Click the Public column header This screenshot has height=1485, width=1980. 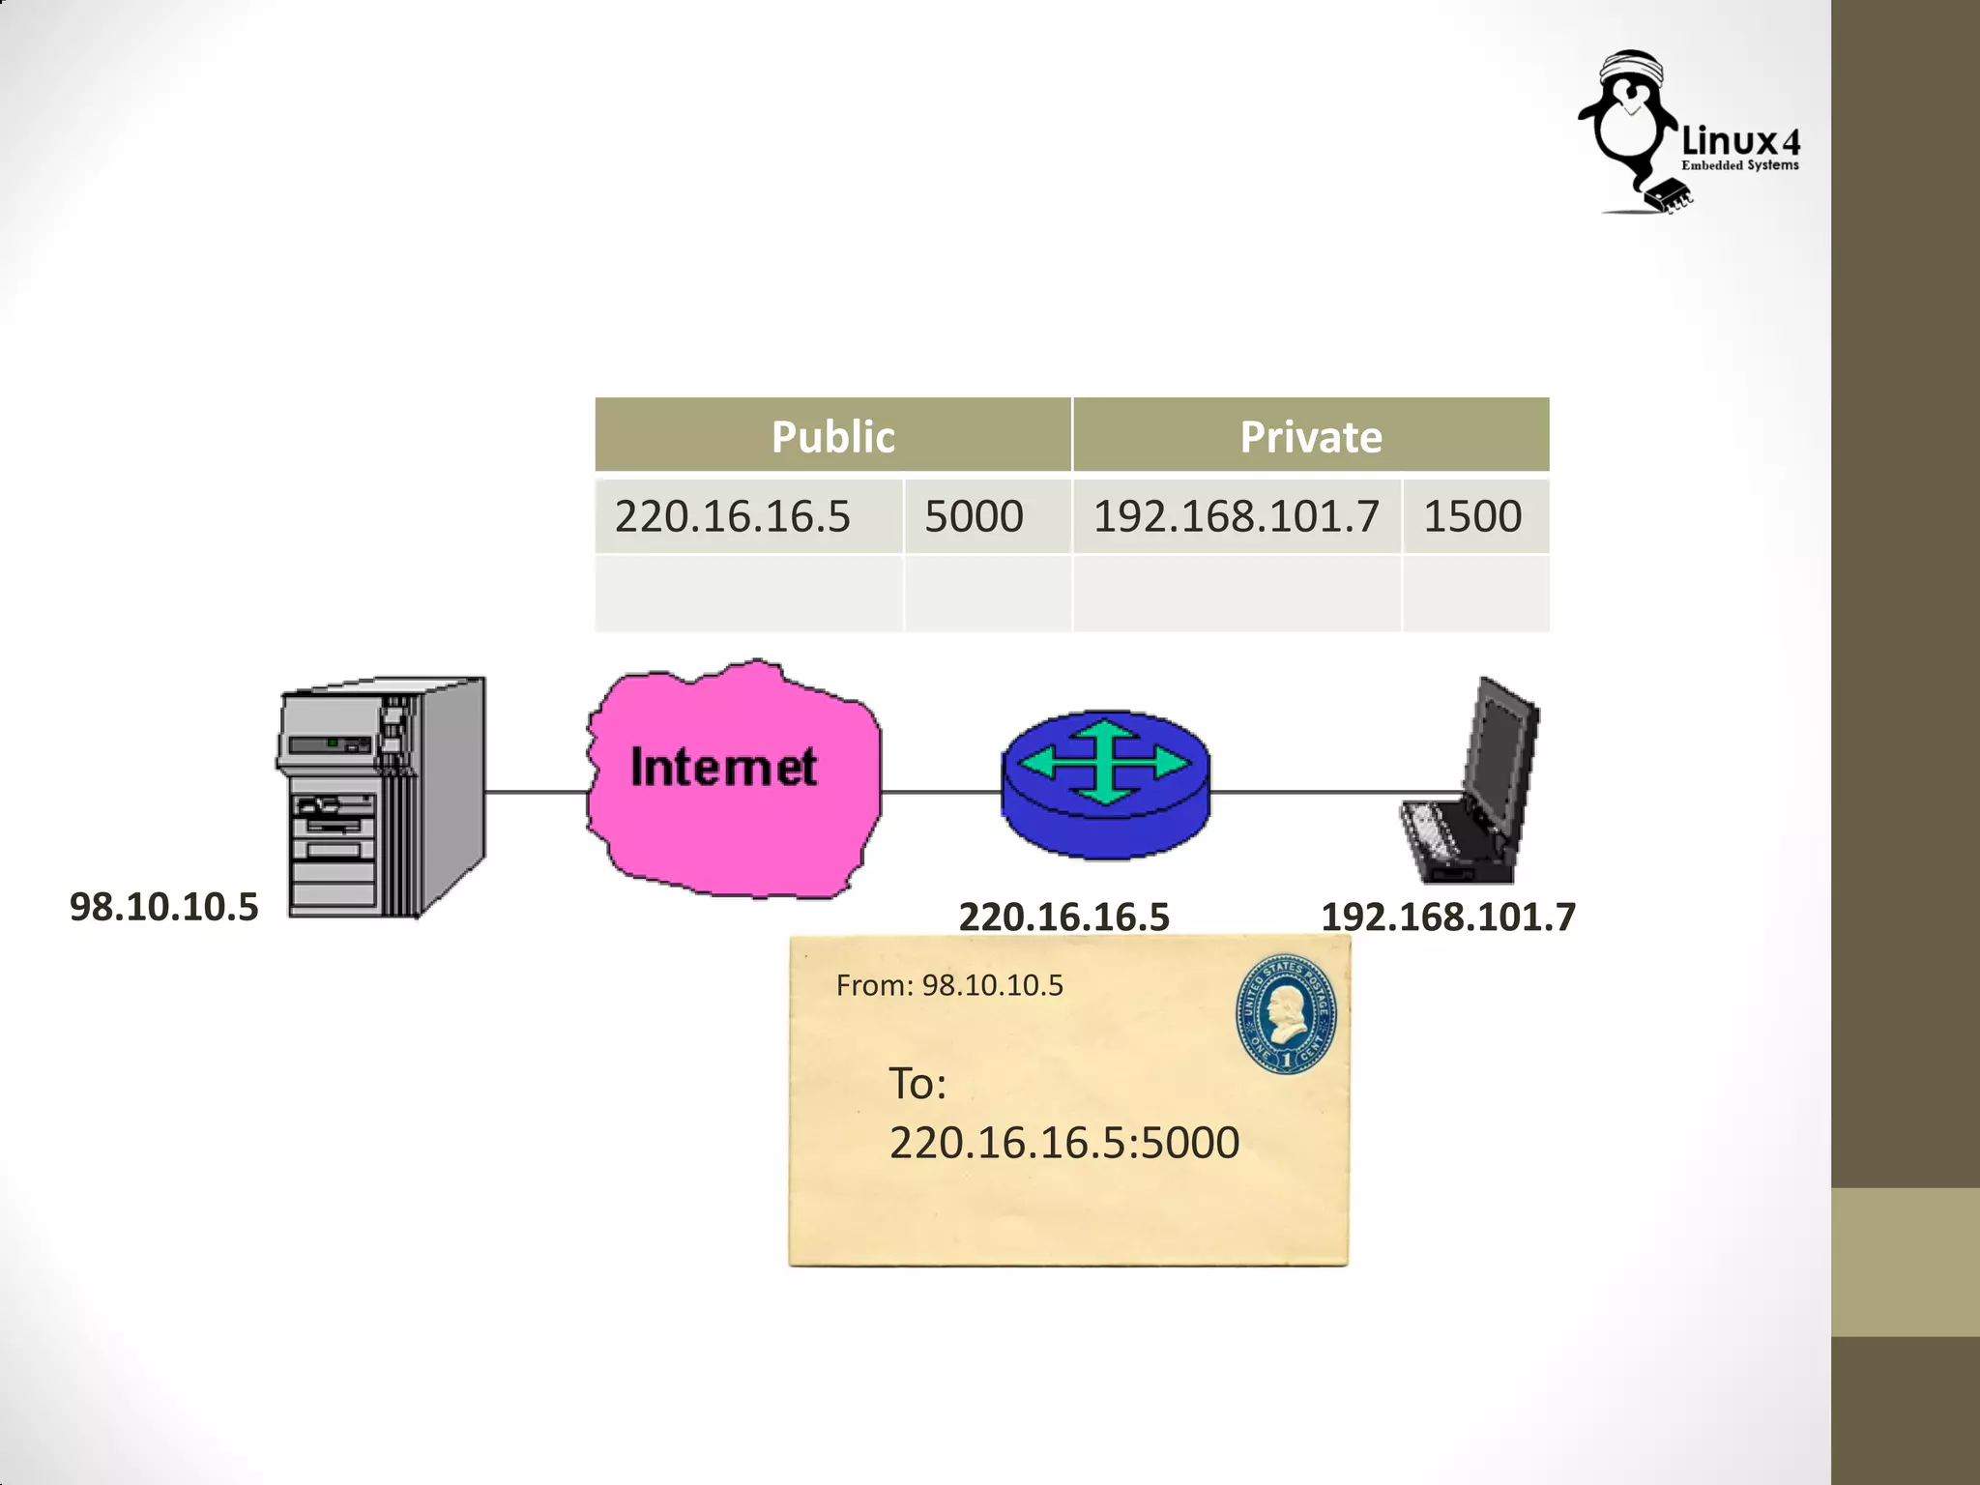[x=832, y=436]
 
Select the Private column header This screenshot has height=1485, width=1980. [x=1310, y=436]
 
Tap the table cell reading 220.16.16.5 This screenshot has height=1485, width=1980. [x=733, y=515]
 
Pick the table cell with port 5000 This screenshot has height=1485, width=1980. [x=974, y=515]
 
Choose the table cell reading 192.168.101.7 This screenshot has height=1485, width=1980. [x=1236, y=515]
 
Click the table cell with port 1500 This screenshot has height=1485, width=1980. [x=1472, y=515]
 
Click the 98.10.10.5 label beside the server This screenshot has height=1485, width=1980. [x=164, y=907]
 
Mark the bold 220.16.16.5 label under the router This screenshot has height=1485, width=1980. [x=1063, y=917]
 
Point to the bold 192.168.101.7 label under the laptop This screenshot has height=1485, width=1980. [x=1447, y=917]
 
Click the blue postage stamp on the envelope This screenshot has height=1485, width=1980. [x=1287, y=1014]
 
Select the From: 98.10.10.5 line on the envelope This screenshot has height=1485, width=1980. [x=948, y=985]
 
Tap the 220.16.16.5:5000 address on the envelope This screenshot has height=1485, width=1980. [x=1063, y=1143]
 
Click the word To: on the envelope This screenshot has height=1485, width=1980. [x=917, y=1084]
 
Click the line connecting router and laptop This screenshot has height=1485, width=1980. [x=1305, y=792]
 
